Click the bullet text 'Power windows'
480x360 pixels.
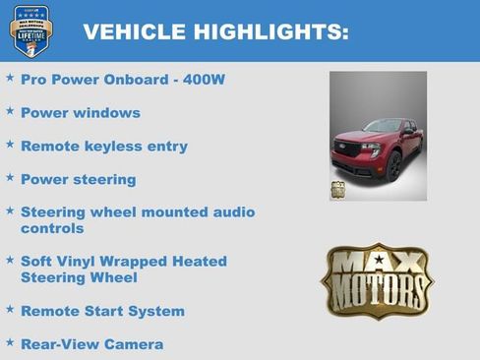point(81,112)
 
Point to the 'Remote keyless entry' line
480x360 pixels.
point(104,146)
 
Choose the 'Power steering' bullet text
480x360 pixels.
point(79,179)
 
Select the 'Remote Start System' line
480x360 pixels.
point(102,311)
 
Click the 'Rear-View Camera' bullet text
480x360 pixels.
point(92,344)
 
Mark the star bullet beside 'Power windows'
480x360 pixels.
point(10,111)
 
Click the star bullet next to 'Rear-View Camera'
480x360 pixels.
point(10,342)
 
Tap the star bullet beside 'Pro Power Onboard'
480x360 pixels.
point(10,77)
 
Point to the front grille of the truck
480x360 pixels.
point(348,150)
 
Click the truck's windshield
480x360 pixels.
point(384,128)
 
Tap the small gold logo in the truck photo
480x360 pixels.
point(337,190)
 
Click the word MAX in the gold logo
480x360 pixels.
point(377,264)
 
